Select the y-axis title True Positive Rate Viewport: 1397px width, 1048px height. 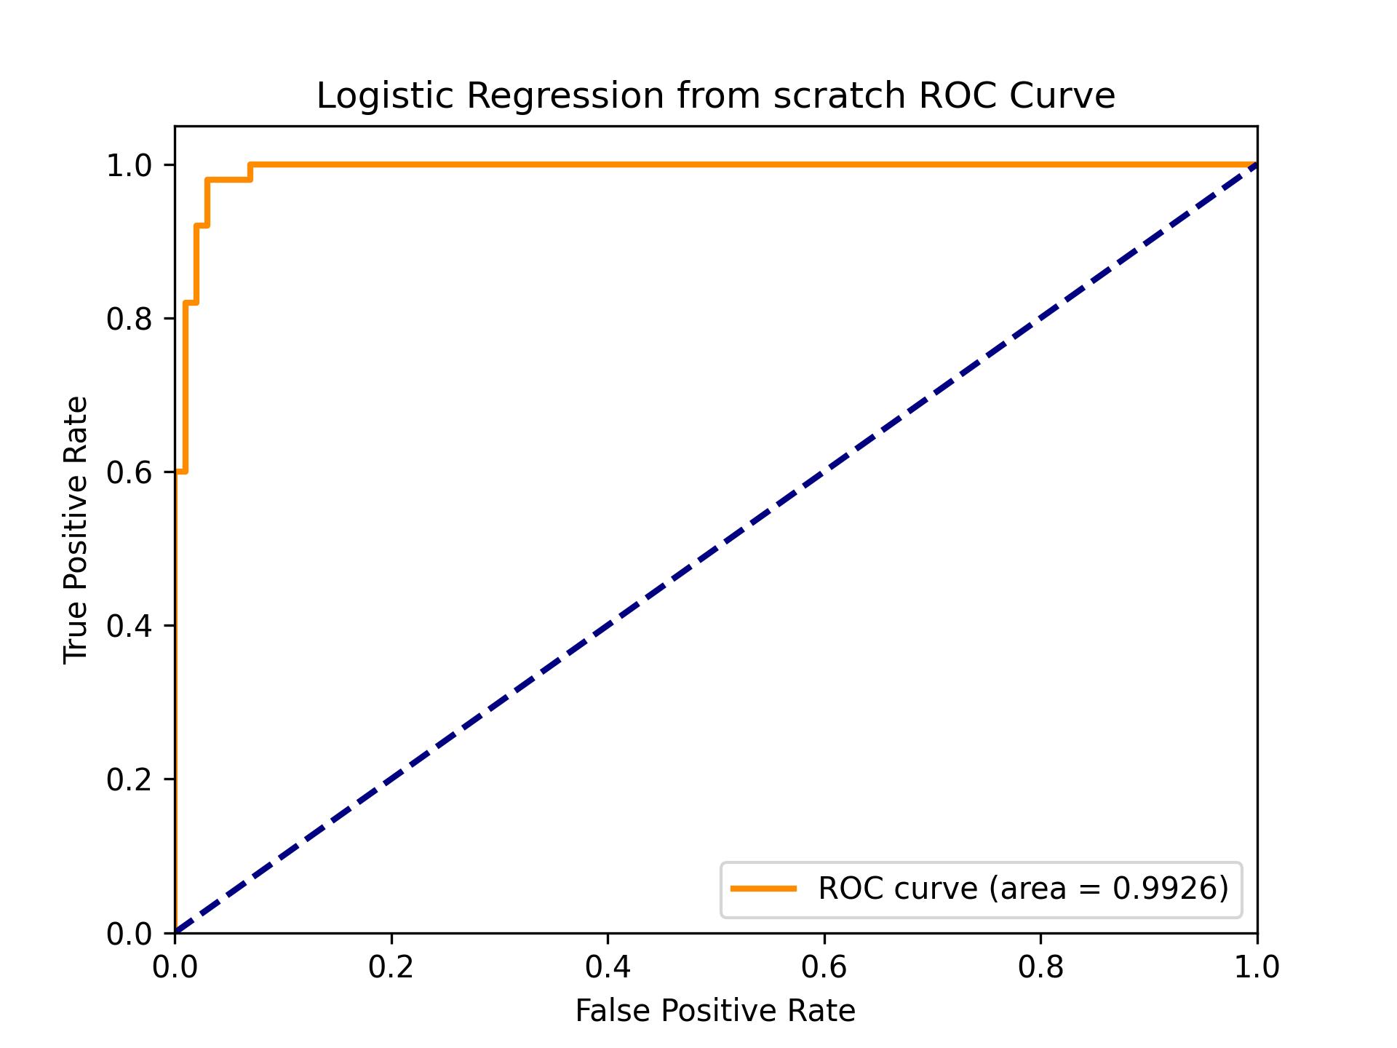pyautogui.click(x=76, y=530)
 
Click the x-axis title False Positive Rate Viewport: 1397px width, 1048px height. pyautogui.click(x=715, y=1011)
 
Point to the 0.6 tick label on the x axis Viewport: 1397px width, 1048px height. pyautogui.click(x=824, y=967)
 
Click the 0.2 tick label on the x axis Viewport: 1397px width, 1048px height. pyautogui.click(x=391, y=967)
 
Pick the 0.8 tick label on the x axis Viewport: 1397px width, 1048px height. pyautogui.click(x=1040, y=967)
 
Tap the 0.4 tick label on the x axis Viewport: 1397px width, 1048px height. pyautogui.click(x=608, y=967)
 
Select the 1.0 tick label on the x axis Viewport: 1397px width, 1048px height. pyautogui.click(x=1256, y=967)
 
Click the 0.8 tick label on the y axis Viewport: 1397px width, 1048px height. pyautogui.click(x=129, y=319)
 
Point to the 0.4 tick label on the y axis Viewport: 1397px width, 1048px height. pyautogui.click(x=129, y=626)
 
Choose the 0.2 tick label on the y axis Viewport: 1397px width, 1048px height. pyautogui.click(x=129, y=779)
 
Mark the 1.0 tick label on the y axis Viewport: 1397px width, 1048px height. pyautogui.click(x=129, y=166)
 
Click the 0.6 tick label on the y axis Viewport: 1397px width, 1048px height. pyautogui.click(x=129, y=472)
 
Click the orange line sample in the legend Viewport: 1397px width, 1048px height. pyautogui.click(x=763, y=888)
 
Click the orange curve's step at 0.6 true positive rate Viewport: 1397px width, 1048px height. pyautogui.click(x=181, y=472)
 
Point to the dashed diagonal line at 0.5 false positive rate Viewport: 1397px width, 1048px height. pyautogui.click(x=716, y=549)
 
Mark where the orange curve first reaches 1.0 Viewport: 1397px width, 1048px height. pyautogui.click(x=250, y=165)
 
